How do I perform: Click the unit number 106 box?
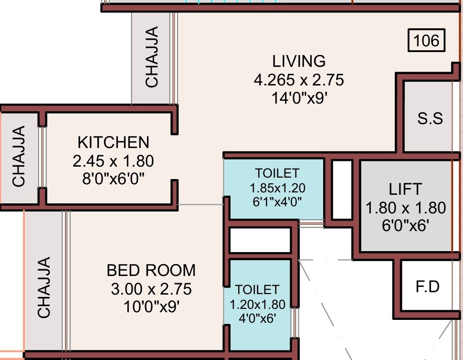(x=426, y=41)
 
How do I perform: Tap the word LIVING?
(x=299, y=62)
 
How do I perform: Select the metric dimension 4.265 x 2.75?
(x=299, y=80)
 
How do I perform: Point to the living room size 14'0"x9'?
(x=299, y=98)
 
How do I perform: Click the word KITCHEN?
(x=113, y=142)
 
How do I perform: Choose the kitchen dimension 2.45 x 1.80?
(x=113, y=161)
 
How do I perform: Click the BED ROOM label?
(x=151, y=270)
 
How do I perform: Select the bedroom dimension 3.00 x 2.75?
(x=151, y=289)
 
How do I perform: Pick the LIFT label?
(x=405, y=189)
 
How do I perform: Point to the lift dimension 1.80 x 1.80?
(x=405, y=208)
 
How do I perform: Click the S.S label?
(x=430, y=118)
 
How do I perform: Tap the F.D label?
(x=427, y=287)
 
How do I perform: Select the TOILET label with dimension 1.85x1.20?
(x=277, y=173)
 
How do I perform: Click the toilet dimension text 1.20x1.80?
(x=257, y=304)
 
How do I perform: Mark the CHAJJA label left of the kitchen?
(x=19, y=156)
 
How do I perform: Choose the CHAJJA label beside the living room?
(x=151, y=57)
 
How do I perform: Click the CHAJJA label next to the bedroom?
(x=44, y=287)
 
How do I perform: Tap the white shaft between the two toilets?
(x=260, y=240)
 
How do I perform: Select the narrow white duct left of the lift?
(x=342, y=190)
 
